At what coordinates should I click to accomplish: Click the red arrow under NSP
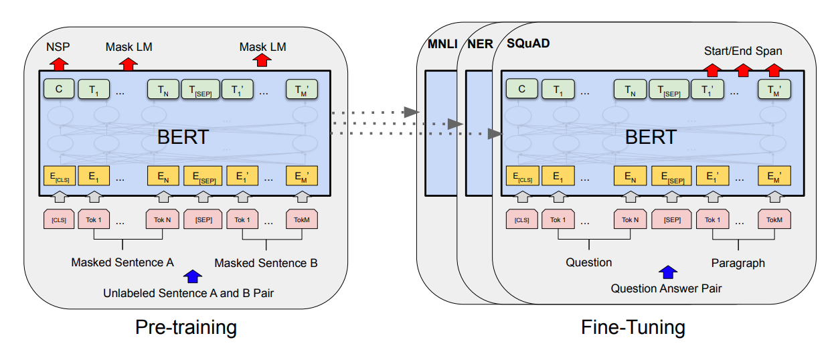(59, 64)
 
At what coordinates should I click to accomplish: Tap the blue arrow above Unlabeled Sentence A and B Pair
(193, 276)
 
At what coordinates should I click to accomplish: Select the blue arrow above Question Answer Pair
(668, 272)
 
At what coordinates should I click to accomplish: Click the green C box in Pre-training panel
(58, 88)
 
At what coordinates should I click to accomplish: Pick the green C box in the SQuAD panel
(521, 88)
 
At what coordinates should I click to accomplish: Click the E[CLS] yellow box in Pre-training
(58, 176)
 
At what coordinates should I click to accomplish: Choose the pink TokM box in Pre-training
(302, 219)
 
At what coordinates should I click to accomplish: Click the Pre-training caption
(186, 327)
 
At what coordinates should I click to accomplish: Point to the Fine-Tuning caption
(633, 327)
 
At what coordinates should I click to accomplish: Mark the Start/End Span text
(742, 51)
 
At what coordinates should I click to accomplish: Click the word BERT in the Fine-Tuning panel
(651, 137)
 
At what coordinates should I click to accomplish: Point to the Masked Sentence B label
(266, 264)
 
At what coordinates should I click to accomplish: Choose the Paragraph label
(738, 263)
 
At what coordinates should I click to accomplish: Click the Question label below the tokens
(588, 262)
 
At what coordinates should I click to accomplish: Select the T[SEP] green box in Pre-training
(199, 89)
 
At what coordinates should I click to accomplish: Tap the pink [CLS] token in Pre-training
(58, 219)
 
